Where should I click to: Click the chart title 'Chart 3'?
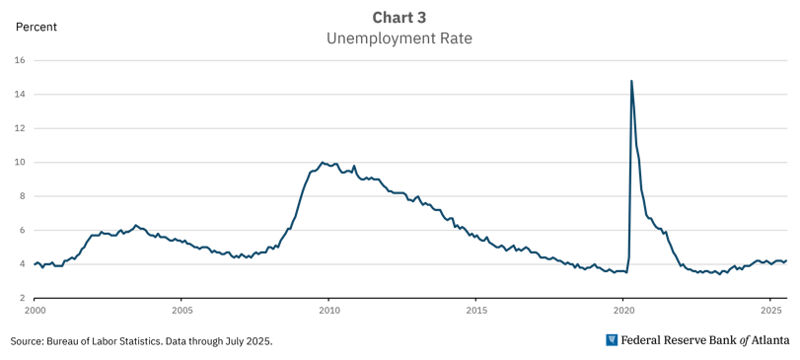(x=400, y=17)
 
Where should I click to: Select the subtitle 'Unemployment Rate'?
(x=400, y=38)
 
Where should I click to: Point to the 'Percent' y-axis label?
(x=36, y=27)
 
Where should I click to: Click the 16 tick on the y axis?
(x=20, y=60)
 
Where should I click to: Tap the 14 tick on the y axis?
(x=20, y=95)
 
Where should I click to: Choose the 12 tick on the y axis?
(x=20, y=128)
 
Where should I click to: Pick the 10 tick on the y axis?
(x=20, y=162)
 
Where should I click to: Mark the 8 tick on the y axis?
(x=21, y=196)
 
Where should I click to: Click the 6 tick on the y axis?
(x=21, y=230)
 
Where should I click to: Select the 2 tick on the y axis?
(x=21, y=298)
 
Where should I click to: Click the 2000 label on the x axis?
(x=35, y=311)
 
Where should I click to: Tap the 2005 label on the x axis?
(x=182, y=311)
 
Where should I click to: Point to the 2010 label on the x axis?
(x=328, y=311)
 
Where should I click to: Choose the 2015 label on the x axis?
(x=475, y=311)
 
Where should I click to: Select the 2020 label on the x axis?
(x=622, y=311)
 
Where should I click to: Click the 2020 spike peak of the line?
(x=631, y=81)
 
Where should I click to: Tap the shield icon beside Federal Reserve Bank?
(x=613, y=340)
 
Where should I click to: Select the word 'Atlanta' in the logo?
(x=767, y=340)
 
